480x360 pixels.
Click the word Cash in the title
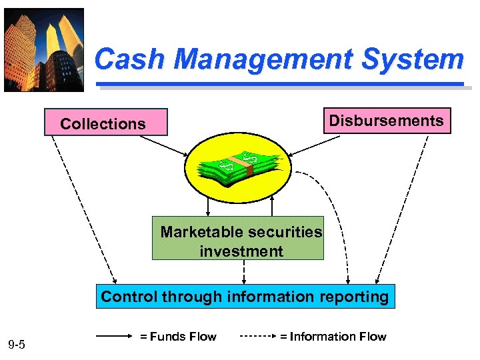coord(130,59)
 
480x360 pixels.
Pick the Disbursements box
coord(387,121)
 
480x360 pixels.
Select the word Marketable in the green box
coord(203,232)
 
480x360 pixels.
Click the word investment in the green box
coord(241,251)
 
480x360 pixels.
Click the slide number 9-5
coord(17,345)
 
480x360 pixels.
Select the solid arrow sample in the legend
coord(114,337)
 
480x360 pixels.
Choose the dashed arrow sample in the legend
coord(256,337)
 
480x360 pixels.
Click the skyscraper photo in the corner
coord(44,49)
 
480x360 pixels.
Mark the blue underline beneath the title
coord(280,85)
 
